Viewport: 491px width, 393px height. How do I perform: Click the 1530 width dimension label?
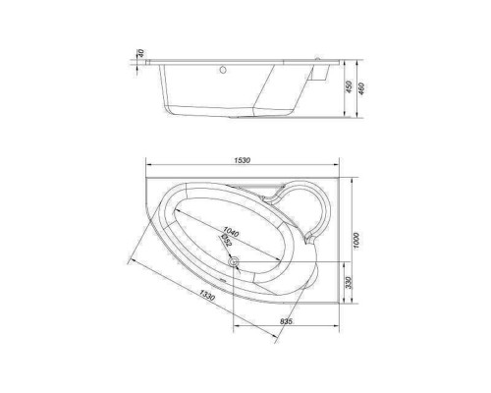point(243,160)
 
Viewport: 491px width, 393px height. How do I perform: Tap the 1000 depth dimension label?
point(356,241)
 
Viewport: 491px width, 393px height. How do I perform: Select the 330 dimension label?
point(348,283)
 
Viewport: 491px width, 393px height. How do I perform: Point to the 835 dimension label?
point(286,321)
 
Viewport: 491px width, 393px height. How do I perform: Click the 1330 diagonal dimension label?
point(207,296)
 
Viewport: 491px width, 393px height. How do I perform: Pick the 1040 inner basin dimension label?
point(231,232)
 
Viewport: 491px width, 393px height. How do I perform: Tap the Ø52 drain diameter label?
point(226,241)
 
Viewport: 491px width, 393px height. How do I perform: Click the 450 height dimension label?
point(349,87)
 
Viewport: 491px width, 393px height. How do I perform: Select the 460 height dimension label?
point(361,88)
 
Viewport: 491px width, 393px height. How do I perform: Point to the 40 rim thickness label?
point(141,53)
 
